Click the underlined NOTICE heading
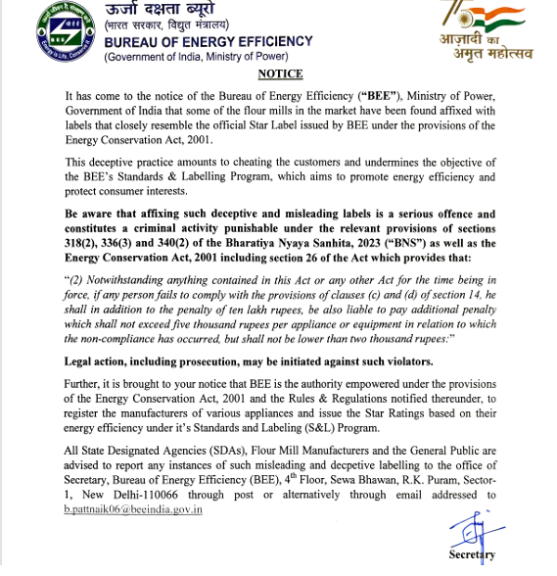(279, 74)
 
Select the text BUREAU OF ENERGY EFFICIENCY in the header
(209, 41)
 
